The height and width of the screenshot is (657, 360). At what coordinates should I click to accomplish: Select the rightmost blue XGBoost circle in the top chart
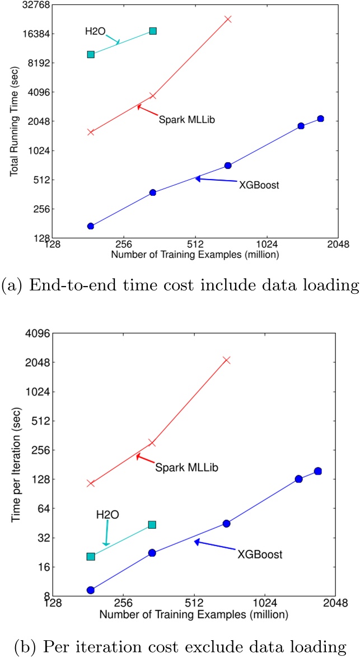pyautogui.click(x=320, y=119)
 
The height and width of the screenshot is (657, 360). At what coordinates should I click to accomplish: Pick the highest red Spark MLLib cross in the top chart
pyautogui.click(x=228, y=19)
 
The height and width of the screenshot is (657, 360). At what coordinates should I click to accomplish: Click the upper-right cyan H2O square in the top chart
pyautogui.click(x=153, y=31)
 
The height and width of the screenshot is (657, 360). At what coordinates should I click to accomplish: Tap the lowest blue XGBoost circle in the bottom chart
pyautogui.click(x=91, y=590)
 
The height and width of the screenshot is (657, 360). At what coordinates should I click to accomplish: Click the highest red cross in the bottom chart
pyautogui.click(x=227, y=360)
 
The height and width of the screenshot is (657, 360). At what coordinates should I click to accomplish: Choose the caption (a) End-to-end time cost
pyautogui.click(x=179, y=286)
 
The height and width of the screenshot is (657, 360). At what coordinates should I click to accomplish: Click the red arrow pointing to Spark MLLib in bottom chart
pyautogui.click(x=144, y=458)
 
